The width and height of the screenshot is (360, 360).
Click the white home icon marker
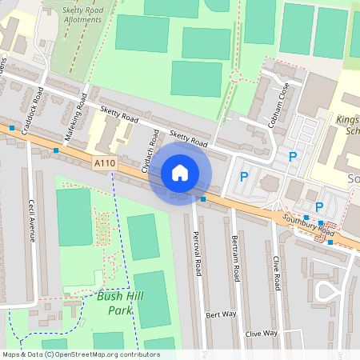point(180,172)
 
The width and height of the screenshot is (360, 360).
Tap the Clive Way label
point(261,333)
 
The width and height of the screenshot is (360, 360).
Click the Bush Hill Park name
point(113,302)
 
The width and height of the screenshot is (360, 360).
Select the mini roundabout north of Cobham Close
point(235,77)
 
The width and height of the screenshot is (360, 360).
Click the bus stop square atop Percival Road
point(204,198)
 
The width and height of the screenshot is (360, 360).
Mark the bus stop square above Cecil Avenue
point(55,150)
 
